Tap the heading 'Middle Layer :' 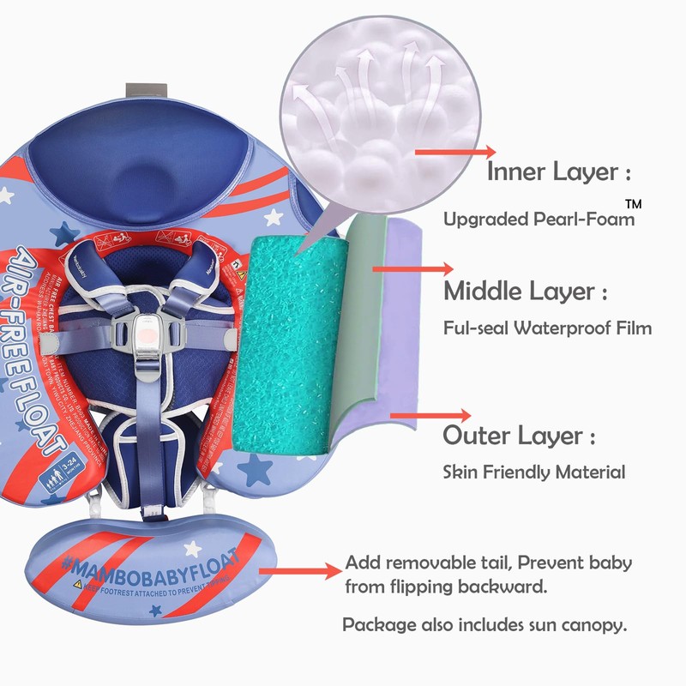(525, 292)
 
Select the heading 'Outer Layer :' (519, 436)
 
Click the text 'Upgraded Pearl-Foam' (539, 220)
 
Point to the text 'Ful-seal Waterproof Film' (547, 328)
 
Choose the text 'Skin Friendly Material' (533, 472)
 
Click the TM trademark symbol (633, 204)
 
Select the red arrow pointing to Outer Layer (429, 417)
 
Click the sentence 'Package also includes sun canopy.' (484, 623)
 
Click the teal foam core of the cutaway (287, 343)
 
